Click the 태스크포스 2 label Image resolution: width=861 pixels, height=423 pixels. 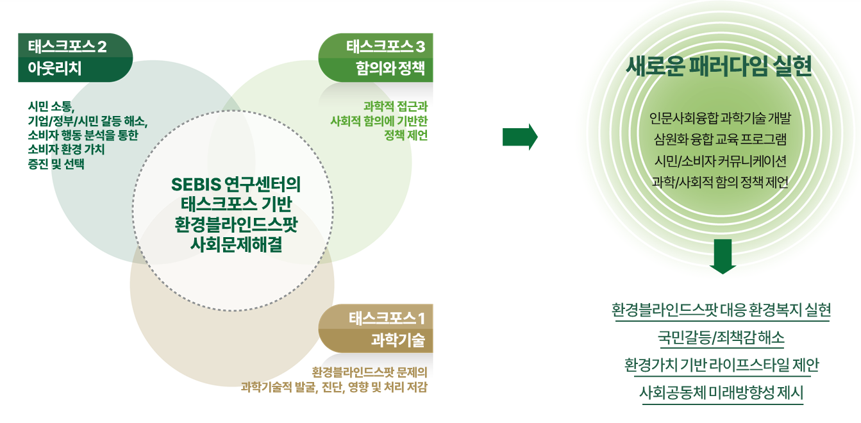click(x=67, y=47)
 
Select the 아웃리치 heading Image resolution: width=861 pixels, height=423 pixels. click(x=54, y=69)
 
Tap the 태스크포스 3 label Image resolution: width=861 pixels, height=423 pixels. click(x=385, y=47)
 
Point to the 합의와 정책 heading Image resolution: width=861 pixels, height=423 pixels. click(x=390, y=68)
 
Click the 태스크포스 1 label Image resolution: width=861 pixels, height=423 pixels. click(x=387, y=318)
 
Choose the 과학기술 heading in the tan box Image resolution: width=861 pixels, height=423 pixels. click(x=398, y=340)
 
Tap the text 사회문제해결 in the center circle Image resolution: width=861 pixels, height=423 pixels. click(x=237, y=244)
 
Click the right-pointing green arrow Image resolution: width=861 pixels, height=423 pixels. click(x=520, y=137)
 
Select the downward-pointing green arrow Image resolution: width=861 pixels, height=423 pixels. click(x=723, y=256)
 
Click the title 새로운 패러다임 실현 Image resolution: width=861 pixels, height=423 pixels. click(x=719, y=66)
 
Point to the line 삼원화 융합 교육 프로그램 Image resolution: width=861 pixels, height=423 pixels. click(x=721, y=139)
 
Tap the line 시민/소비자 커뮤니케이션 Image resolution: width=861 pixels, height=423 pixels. click(x=721, y=161)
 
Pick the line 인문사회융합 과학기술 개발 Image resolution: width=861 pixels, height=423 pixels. click(x=721, y=118)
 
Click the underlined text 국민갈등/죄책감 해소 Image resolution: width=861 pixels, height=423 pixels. click(x=721, y=338)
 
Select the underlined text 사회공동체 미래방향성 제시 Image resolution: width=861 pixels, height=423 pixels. click(x=721, y=393)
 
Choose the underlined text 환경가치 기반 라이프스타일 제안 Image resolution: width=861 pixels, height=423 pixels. click(x=721, y=365)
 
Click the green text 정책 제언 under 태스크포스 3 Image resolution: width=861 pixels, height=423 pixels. click(x=406, y=135)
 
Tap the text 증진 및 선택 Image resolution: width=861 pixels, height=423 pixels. click(x=56, y=164)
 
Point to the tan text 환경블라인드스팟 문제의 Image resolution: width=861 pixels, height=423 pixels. click(x=369, y=372)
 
